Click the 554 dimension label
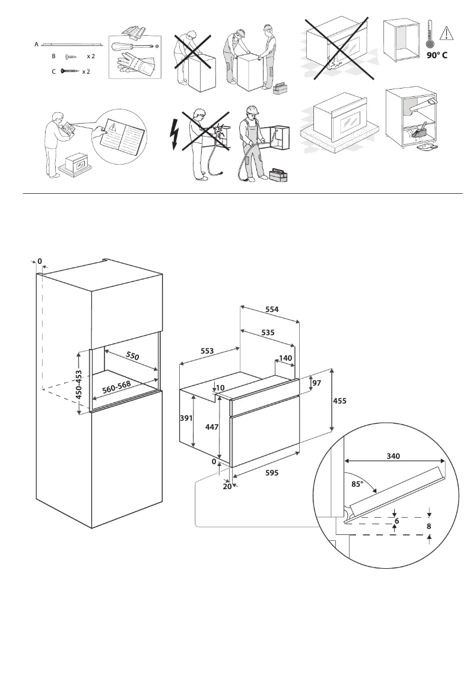[272, 310]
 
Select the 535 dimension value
[268, 333]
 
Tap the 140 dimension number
[285, 358]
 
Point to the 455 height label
[338, 401]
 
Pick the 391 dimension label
[187, 418]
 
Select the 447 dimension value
[211, 427]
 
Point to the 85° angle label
[357, 484]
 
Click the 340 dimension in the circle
[393, 456]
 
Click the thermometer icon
[429, 34]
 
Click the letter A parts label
[37, 44]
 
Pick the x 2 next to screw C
[85, 71]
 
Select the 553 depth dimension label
[207, 352]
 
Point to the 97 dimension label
[316, 383]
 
